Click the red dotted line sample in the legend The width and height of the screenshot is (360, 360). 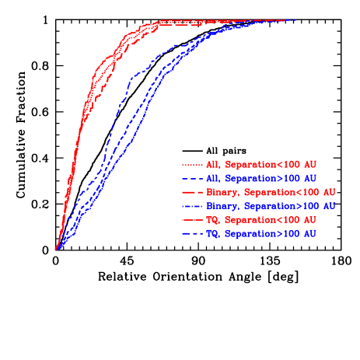tap(192, 165)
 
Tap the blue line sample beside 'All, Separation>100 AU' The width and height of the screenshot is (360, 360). tap(192, 178)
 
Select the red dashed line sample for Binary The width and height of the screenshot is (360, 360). tap(192, 192)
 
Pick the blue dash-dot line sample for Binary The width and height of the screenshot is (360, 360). tap(192, 206)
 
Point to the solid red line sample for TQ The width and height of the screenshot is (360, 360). tap(192, 220)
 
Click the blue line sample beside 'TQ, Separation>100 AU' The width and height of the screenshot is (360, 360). tap(192, 233)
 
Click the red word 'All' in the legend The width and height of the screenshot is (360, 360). tap(213, 165)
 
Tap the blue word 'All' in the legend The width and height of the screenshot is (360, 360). tap(213, 178)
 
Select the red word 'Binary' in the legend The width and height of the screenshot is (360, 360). tap(222, 192)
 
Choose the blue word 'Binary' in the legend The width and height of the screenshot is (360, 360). tap(222, 206)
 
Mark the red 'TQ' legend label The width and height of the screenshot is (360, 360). tap(211, 220)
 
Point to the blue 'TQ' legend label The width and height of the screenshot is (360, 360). tap(211, 233)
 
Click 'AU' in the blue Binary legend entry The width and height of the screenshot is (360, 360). tap(328, 206)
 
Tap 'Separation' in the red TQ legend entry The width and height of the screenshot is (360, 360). tap(249, 220)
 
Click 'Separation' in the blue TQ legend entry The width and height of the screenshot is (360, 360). tap(249, 233)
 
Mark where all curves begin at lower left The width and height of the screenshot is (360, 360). tap(56, 249)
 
